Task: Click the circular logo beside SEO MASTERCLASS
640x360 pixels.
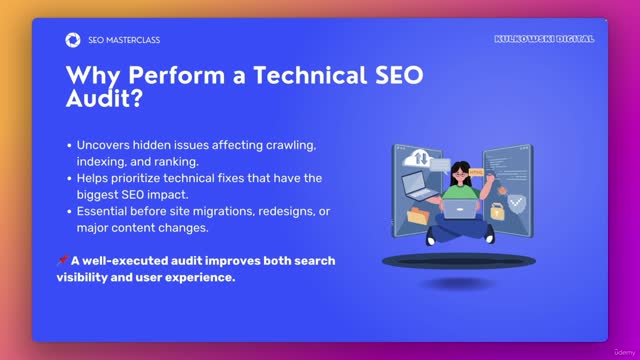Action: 72,40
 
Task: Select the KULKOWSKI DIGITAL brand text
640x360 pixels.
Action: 544,39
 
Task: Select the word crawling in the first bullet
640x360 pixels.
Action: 292,145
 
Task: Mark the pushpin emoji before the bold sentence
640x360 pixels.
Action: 62,261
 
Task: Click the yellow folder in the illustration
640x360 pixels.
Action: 417,215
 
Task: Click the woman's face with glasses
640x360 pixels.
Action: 460,174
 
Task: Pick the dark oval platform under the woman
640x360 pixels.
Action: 459,261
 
